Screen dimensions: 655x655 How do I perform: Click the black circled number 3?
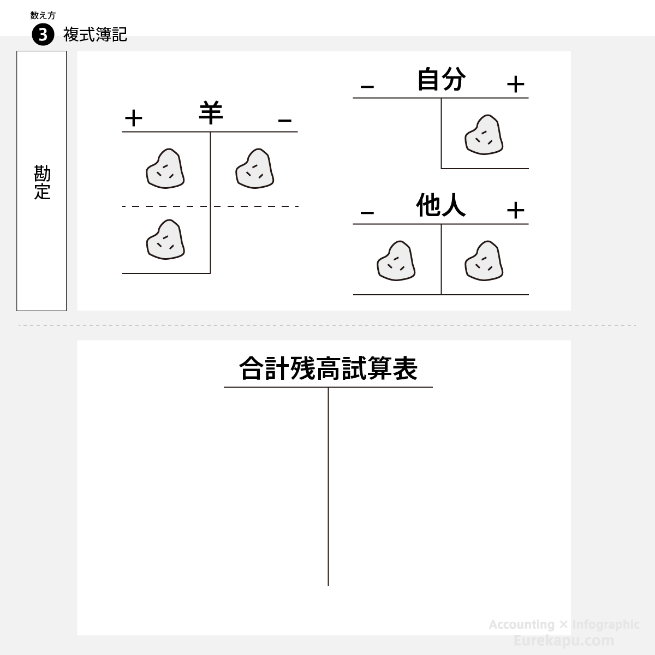(43, 34)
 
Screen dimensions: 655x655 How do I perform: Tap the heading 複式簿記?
(95, 34)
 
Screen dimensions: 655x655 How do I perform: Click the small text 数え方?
(43, 15)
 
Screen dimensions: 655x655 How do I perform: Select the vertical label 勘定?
(42, 182)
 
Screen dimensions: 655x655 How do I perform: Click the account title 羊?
(211, 112)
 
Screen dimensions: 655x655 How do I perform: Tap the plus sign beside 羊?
(134, 118)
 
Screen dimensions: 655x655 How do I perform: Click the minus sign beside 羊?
(285, 120)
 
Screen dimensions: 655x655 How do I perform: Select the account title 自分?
(441, 79)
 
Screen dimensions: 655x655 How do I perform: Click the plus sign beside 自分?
(516, 84)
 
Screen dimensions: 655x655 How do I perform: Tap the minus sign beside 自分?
(367, 86)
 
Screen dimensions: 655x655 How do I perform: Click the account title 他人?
(441, 205)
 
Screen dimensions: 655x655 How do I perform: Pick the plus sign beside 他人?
(516, 210)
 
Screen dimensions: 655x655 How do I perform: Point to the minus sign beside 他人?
(367, 213)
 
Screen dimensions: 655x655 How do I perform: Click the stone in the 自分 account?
(484, 135)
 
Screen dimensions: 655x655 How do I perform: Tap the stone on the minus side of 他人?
(396, 261)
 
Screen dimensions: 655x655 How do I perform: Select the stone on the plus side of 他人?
(484, 261)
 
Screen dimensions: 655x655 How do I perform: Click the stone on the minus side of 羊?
(254, 168)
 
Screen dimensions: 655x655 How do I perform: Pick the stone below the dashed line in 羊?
(165, 239)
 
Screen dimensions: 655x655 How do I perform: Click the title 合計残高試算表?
(329, 368)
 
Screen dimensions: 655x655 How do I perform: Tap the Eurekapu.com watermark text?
(564, 640)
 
